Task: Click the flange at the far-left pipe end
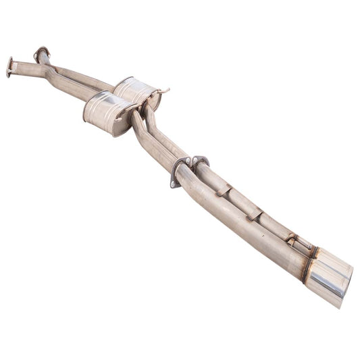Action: (10, 67)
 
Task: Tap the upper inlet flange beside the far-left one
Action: (42, 53)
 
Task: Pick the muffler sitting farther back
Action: (137, 92)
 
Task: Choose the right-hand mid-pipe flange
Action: (200, 161)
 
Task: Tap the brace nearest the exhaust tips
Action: (292, 239)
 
